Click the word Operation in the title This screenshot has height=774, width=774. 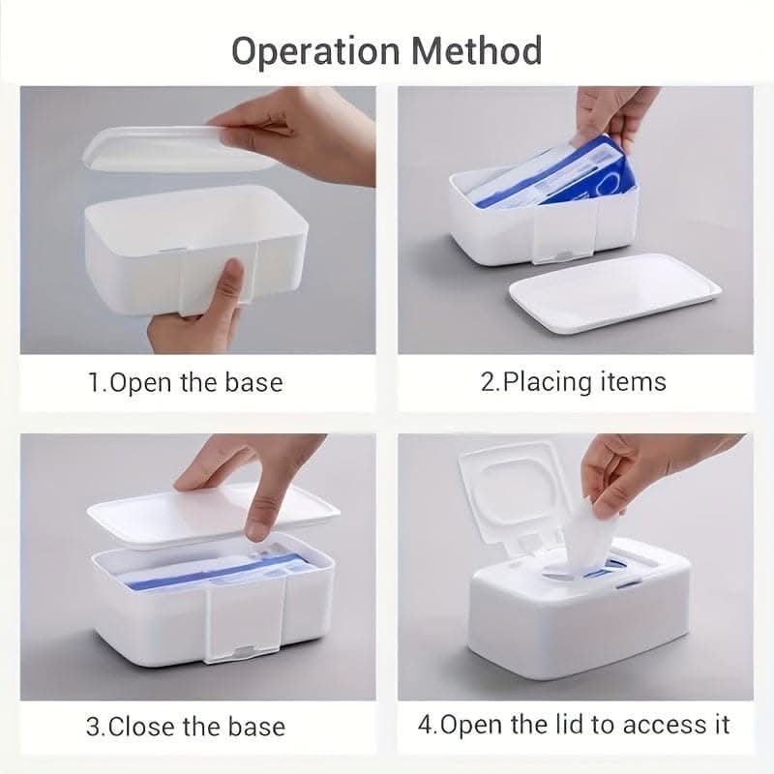tap(315, 52)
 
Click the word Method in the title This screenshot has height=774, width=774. tap(477, 50)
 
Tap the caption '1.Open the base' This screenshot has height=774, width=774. tap(186, 382)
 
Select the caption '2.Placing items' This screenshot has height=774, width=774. tap(573, 382)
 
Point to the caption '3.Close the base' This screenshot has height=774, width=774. tap(186, 727)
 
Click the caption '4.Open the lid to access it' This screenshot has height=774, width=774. tap(574, 725)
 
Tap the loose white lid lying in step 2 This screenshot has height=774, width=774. tap(615, 292)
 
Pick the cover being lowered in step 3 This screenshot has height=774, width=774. tap(213, 516)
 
